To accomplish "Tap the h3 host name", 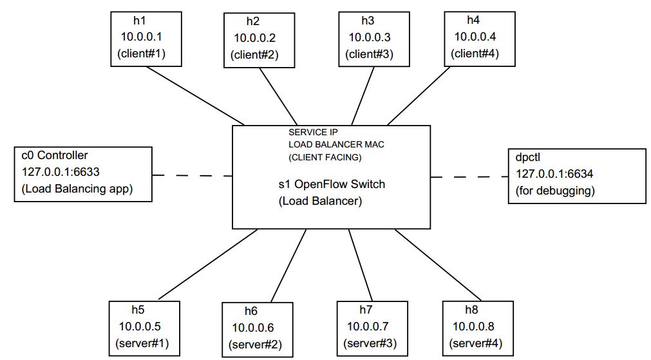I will point(367,21).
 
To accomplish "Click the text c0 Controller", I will point(55,156).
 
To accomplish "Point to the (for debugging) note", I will point(555,191).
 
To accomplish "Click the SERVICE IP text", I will point(313,132).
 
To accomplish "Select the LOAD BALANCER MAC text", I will point(337,144).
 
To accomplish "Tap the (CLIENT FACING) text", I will point(325,156).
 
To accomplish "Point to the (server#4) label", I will point(476,342).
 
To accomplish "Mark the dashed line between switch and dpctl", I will point(469,176).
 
